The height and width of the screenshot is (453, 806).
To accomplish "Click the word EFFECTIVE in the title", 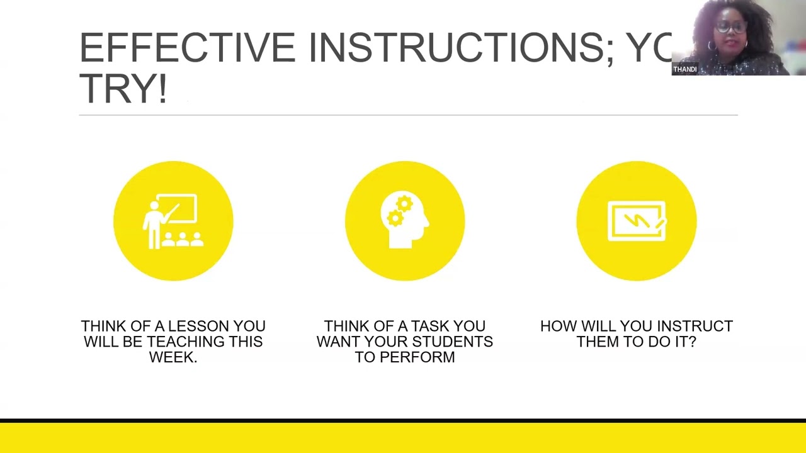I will [187, 48].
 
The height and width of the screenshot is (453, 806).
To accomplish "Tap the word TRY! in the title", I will [123, 89].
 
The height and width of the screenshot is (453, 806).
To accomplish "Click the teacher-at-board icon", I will [173, 221].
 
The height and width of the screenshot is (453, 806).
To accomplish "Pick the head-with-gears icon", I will [405, 221].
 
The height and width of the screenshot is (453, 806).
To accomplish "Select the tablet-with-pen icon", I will [636, 221].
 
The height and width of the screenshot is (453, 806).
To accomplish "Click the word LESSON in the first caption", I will [198, 327].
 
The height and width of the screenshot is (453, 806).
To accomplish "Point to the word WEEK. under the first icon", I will [173, 357].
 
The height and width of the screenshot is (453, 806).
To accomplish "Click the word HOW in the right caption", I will [558, 327].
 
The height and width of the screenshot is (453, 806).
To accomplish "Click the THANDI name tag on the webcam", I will [684, 69].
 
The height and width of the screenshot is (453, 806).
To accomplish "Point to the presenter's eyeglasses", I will [731, 28].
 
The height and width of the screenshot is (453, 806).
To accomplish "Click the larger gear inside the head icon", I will [404, 204].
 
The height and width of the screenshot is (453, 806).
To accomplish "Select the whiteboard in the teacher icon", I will [179, 209].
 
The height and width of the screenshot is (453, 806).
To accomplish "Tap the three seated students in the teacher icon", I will [183, 239].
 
